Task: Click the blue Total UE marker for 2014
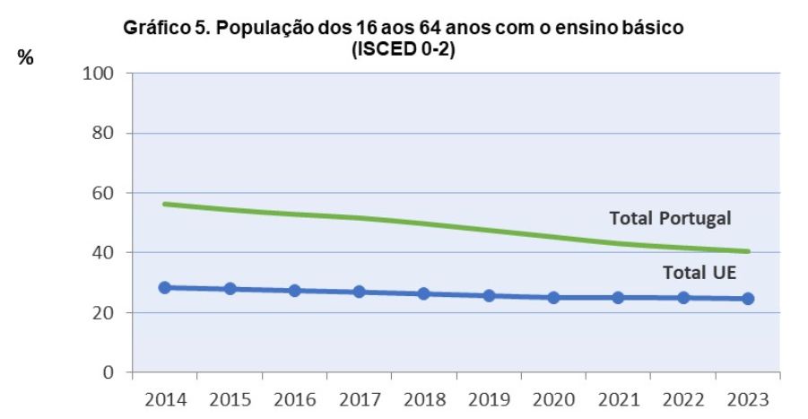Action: [165, 287]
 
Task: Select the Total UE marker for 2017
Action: [359, 292]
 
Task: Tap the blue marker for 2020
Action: [553, 297]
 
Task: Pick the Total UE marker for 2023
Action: [748, 298]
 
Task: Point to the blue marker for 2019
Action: [489, 295]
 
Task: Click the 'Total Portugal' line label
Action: [671, 218]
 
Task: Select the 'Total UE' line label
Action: [699, 273]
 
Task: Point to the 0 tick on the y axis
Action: [109, 372]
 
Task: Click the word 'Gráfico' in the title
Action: [154, 29]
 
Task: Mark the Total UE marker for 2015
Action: [230, 289]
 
